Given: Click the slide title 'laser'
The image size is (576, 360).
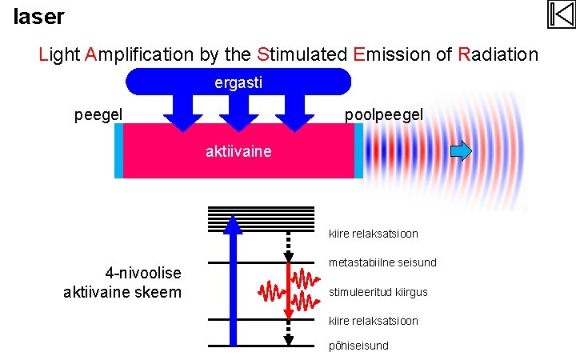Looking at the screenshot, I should point(38,15).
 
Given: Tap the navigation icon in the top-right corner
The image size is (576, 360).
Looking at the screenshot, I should point(561,14).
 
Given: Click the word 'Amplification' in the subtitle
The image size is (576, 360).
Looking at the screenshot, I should point(139,54).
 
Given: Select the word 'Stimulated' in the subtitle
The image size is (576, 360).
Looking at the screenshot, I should point(302,54).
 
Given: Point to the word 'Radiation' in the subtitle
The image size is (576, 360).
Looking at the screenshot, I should point(498,54).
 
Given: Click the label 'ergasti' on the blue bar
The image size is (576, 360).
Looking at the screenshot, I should point(238,82).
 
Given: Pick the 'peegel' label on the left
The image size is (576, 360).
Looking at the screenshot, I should point(98,115).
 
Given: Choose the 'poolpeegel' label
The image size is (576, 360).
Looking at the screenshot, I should point(384,115).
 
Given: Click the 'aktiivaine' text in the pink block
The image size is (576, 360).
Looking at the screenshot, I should point(238,151).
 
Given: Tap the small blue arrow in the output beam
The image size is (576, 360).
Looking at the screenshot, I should point(461,150).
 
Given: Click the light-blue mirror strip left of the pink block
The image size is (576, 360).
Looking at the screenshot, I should point(119,150).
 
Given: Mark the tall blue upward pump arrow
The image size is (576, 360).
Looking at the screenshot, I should point(232,280).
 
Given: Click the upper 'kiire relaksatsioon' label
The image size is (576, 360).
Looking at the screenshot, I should point(374,234).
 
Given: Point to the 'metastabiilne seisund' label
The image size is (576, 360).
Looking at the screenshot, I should point(382,262).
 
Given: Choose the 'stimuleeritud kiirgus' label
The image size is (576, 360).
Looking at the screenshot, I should point(378,292).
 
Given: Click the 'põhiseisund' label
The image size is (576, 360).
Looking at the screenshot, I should point(359,346).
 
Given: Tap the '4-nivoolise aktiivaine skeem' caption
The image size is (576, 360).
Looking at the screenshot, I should point(122,282).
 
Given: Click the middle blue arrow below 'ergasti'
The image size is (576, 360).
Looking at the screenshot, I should point(238,112).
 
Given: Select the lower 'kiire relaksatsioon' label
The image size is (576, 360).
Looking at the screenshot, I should point(374,321).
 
